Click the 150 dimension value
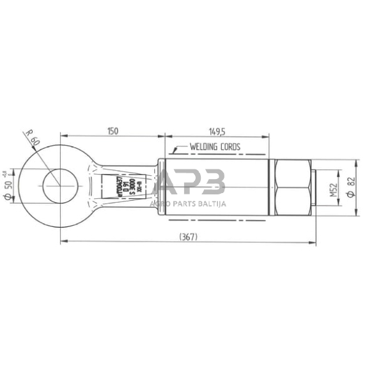click(x=112, y=130)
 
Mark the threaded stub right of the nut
click(x=314, y=186)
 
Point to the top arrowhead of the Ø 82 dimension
click(x=356, y=161)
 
